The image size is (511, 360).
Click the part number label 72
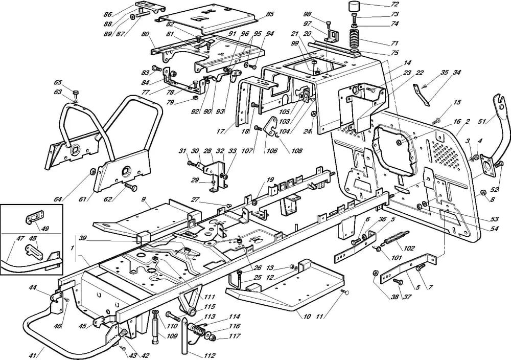point(394,5)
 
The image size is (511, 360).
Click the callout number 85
point(270,14)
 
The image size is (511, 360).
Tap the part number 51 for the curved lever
point(482,121)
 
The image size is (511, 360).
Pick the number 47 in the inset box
point(20,238)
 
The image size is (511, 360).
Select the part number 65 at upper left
point(58,82)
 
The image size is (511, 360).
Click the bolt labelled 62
point(130,188)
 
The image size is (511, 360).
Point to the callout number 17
point(221,131)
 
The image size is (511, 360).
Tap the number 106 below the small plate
point(272,151)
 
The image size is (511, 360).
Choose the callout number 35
point(445,73)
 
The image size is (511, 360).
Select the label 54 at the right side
point(494,229)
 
